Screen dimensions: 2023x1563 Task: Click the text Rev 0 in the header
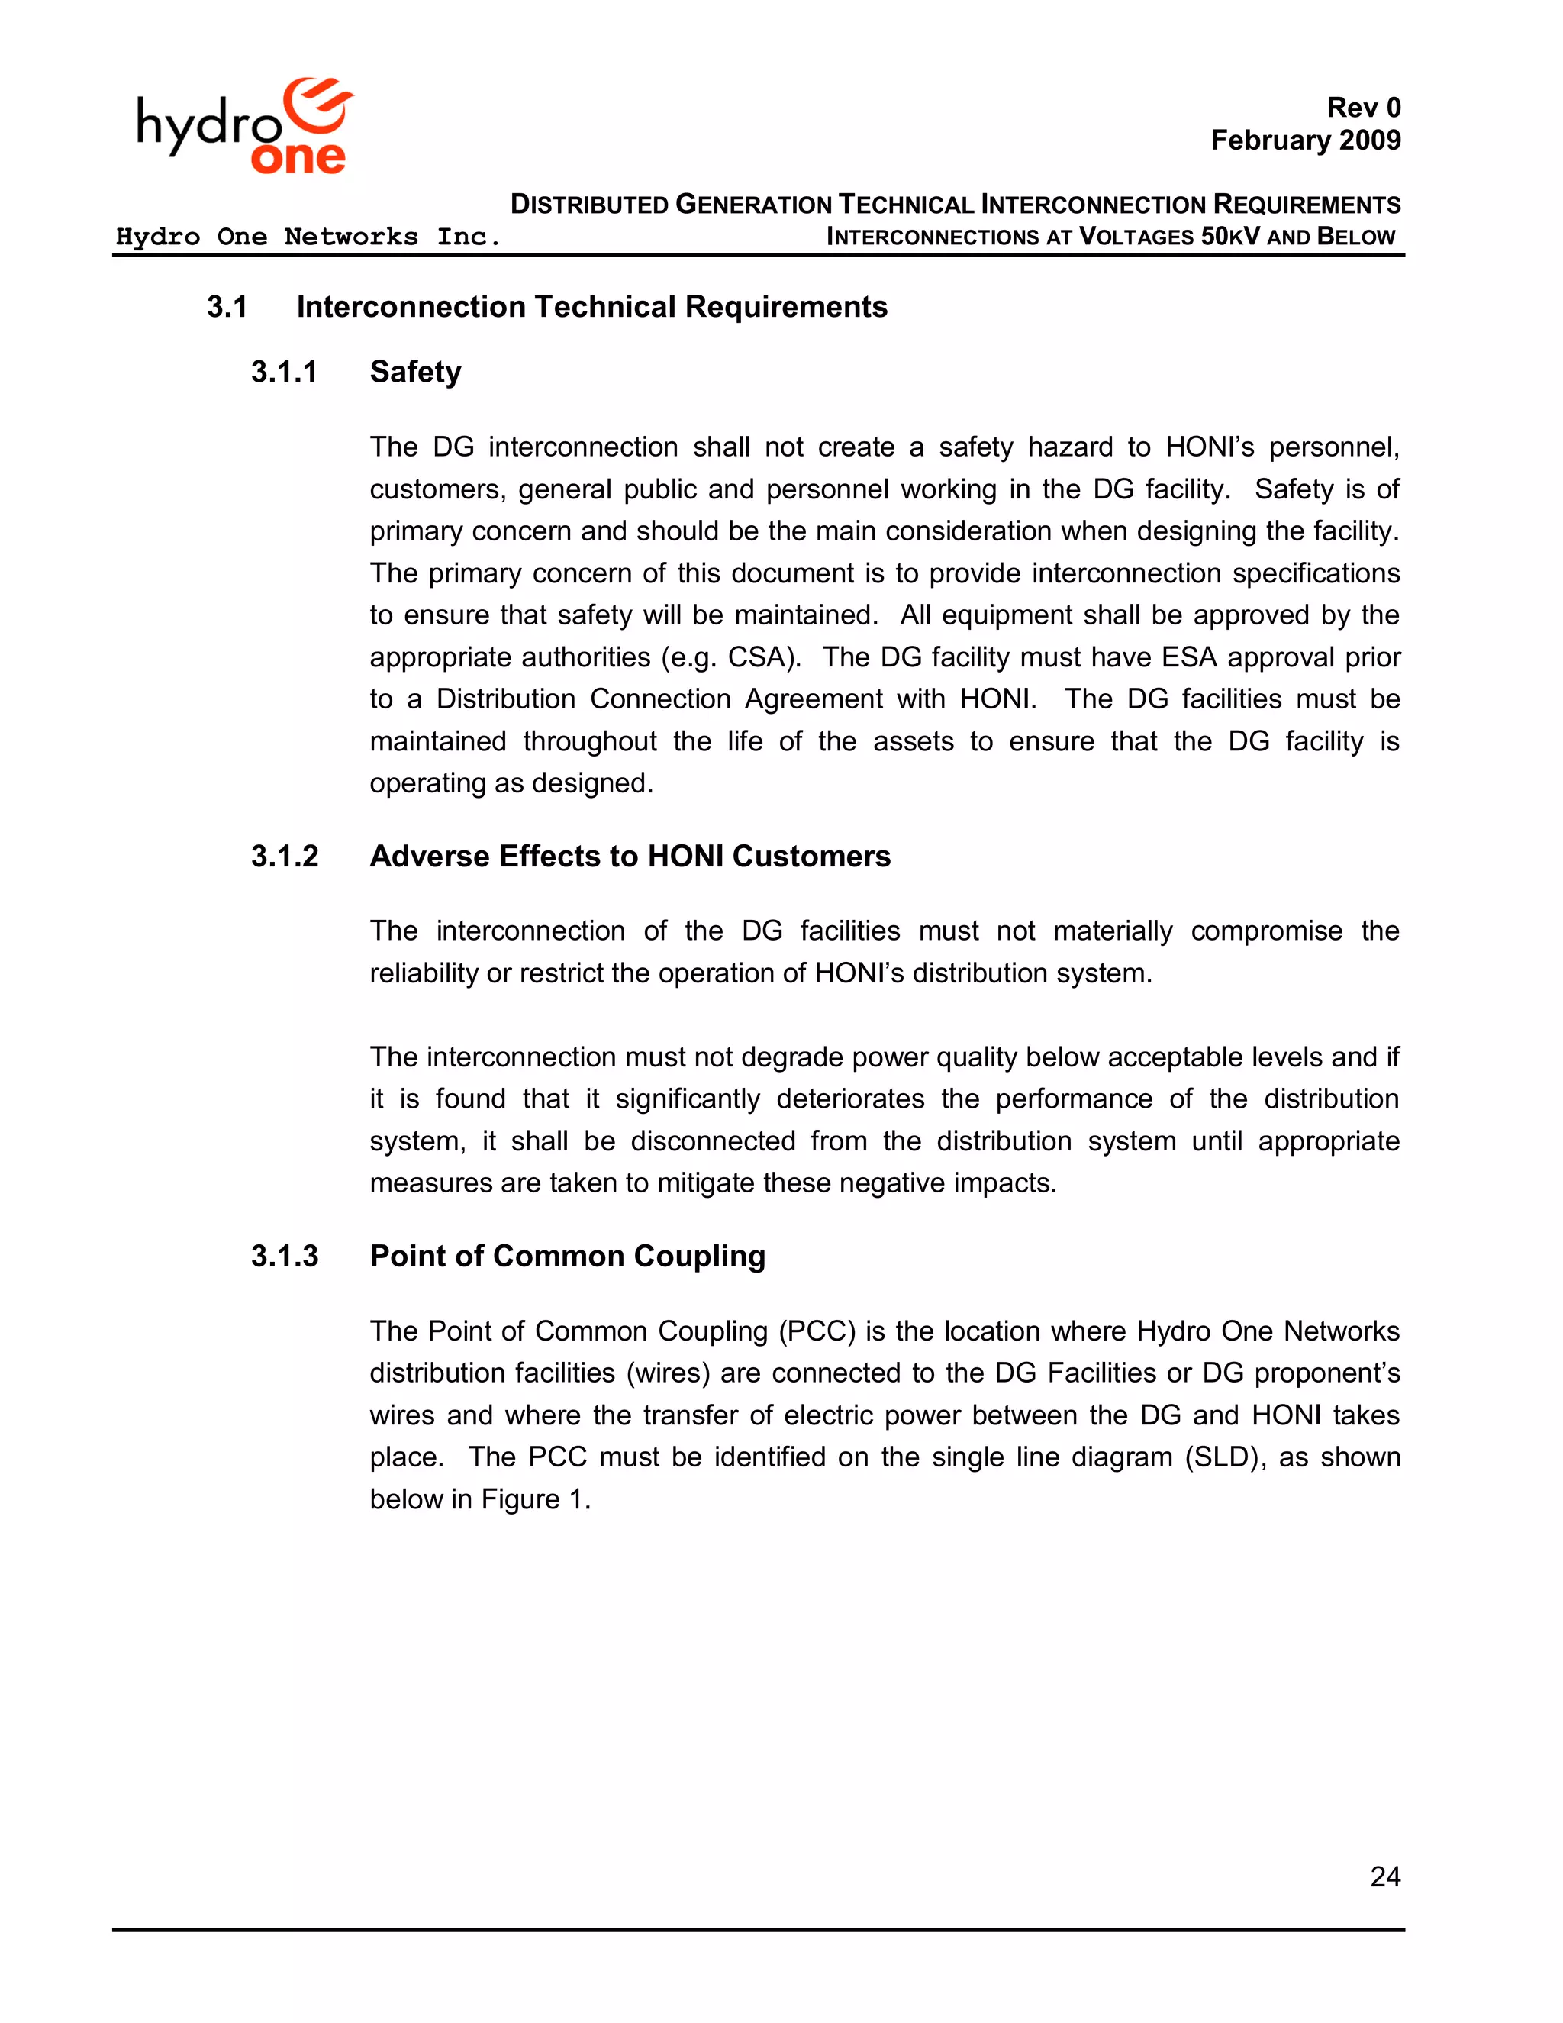(x=1363, y=108)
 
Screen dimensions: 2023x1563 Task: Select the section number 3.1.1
(x=284, y=373)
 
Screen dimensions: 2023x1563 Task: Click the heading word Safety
(x=415, y=373)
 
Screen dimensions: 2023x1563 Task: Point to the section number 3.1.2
(x=284, y=857)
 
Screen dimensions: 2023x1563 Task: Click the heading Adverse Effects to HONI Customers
(x=630, y=857)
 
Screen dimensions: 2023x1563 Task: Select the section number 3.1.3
(x=284, y=1257)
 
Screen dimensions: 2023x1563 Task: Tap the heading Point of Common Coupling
(x=567, y=1257)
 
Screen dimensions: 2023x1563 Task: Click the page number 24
(x=1384, y=1876)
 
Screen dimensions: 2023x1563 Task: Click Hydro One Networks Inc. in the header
(x=308, y=237)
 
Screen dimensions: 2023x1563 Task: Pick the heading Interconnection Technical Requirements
(x=591, y=308)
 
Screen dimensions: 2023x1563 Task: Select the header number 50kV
(x=1229, y=237)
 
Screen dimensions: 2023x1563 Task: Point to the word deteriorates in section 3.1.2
(x=850, y=1099)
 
